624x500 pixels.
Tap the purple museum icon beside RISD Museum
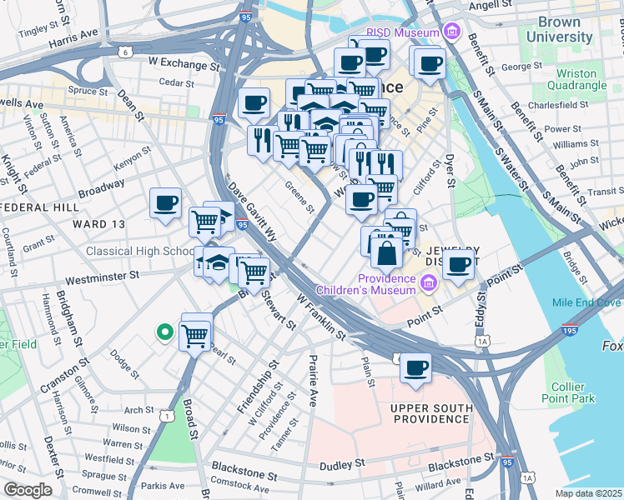pyautogui.click(x=452, y=32)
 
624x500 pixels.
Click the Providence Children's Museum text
pyautogui.click(x=386, y=284)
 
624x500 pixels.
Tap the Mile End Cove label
pyautogui.click(x=587, y=302)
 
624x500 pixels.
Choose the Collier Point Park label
pyautogui.click(x=572, y=392)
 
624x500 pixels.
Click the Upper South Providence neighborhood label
pyautogui.click(x=430, y=413)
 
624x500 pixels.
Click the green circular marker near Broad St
pyautogui.click(x=165, y=332)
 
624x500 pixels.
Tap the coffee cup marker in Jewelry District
pyautogui.click(x=457, y=264)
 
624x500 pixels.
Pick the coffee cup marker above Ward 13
pyautogui.click(x=165, y=202)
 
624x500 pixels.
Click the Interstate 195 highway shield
pyautogui.click(x=571, y=332)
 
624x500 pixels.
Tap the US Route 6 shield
pyautogui.click(x=125, y=52)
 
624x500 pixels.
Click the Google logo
pyautogui.click(x=27, y=489)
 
